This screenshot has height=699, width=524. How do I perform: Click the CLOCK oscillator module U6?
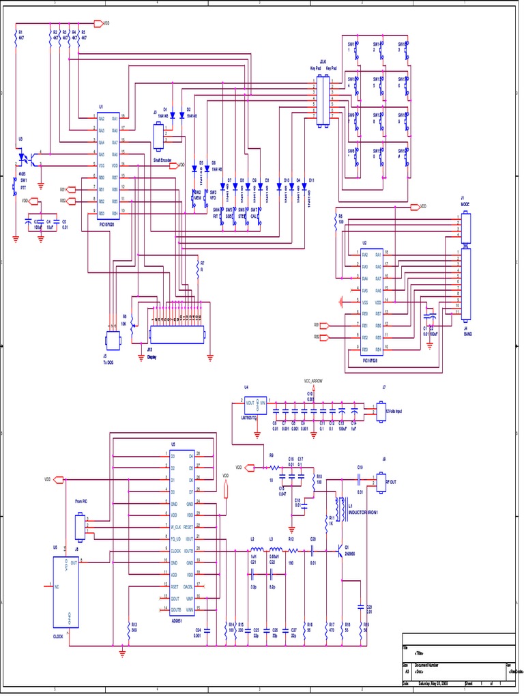tap(67, 591)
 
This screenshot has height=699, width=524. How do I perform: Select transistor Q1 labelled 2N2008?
tap(341, 552)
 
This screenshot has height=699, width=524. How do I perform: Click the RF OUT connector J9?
tap(381, 481)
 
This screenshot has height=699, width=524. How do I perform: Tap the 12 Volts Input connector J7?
tap(381, 412)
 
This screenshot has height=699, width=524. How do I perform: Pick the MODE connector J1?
tap(467, 224)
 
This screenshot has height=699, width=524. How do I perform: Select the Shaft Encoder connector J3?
tap(160, 137)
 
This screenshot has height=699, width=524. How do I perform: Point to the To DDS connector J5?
tap(112, 340)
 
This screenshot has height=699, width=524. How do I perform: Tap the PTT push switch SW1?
tap(14, 186)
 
